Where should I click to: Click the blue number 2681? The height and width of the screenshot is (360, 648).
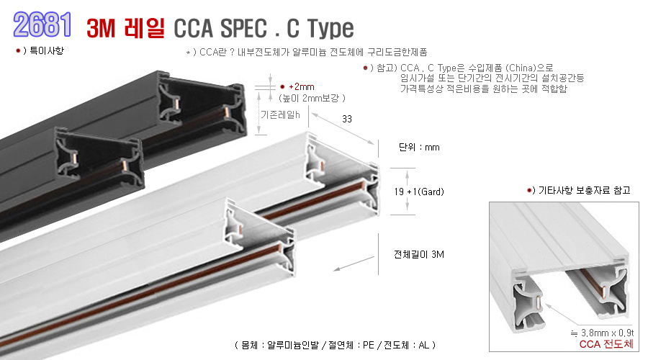(42, 24)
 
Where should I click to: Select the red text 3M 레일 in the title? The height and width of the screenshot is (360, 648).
(125, 28)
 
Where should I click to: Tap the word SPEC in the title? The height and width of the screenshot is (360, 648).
(243, 28)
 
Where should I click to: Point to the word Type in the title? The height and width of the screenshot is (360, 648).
(331, 29)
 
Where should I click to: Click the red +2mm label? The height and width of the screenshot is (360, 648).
(301, 87)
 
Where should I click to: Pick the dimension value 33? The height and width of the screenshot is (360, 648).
(347, 119)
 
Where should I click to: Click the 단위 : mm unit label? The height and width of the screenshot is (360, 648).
(419, 147)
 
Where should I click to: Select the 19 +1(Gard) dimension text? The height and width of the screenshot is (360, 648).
(419, 192)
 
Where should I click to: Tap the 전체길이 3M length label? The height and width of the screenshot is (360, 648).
(419, 254)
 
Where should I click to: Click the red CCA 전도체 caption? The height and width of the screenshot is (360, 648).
(606, 344)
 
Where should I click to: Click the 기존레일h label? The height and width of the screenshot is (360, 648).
(280, 114)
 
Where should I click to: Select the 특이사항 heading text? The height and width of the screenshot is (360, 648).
(47, 50)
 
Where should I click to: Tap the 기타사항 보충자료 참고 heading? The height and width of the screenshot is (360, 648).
(585, 190)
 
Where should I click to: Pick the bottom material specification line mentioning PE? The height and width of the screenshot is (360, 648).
(335, 345)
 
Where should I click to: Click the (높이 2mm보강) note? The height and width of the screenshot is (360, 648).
(312, 98)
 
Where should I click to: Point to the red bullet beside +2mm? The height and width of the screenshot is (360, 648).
(282, 87)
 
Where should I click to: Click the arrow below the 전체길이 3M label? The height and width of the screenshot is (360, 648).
(354, 264)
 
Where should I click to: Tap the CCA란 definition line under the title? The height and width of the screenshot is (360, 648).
(307, 52)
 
